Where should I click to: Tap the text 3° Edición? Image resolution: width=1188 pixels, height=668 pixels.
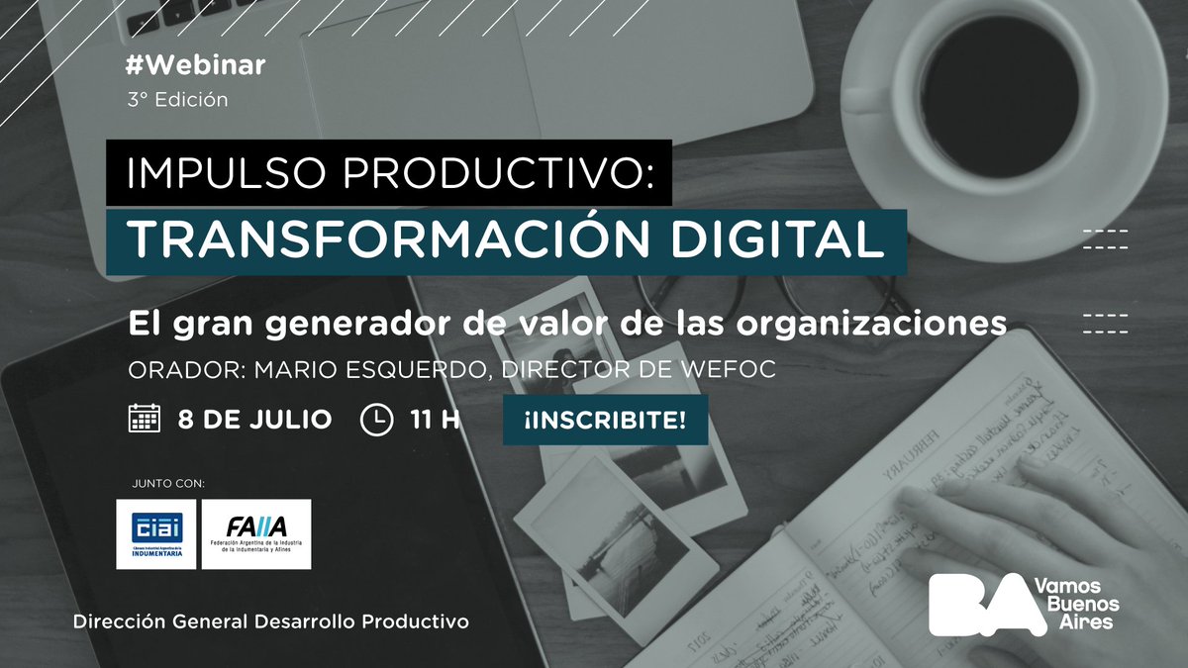tap(177, 100)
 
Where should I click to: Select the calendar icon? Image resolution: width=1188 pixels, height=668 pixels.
tap(145, 420)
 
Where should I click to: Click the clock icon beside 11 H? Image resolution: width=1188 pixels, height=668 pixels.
tap(376, 420)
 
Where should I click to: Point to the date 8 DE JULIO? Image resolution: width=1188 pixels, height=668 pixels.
tap(254, 420)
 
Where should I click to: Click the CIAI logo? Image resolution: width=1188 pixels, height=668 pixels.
tap(155, 534)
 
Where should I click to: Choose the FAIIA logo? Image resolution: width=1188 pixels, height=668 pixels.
tap(255, 534)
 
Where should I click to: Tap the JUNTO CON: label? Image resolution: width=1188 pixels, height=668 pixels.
tap(167, 484)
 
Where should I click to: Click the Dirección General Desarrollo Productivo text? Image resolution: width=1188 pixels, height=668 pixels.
tap(270, 622)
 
